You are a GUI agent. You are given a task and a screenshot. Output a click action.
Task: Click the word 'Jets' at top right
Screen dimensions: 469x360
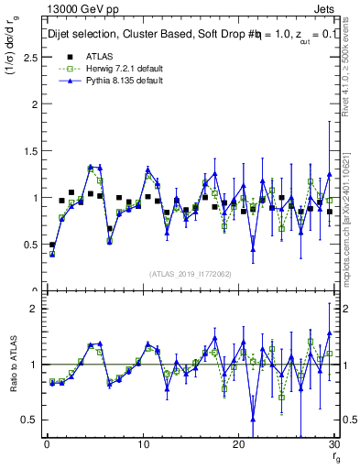point(325,8)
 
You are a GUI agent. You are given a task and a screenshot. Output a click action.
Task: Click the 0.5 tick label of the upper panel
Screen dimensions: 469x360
point(28,245)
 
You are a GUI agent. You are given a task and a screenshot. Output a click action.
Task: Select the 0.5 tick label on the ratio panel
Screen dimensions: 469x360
point(28,420)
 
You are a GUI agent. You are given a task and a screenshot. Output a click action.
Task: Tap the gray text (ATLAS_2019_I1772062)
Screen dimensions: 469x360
point(190,274)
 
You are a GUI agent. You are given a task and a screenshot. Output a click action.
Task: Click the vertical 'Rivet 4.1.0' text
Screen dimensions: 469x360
point(351,78)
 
